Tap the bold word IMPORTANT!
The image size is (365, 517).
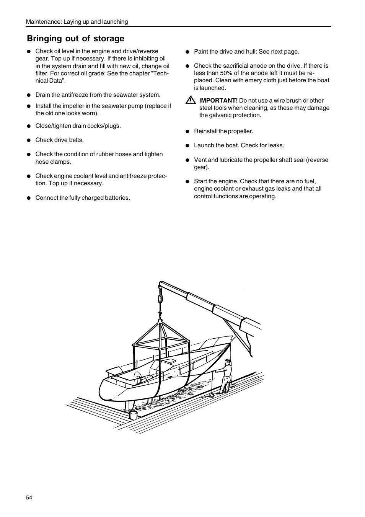tap(218, 100)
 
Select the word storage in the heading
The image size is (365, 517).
tap(109, 38)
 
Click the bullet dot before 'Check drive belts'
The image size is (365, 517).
tap(29, 140)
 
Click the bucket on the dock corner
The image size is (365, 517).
tap(133, 415)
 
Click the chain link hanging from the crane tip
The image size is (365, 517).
tap(160, 299)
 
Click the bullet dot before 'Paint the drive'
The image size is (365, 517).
tap(187, 52)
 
